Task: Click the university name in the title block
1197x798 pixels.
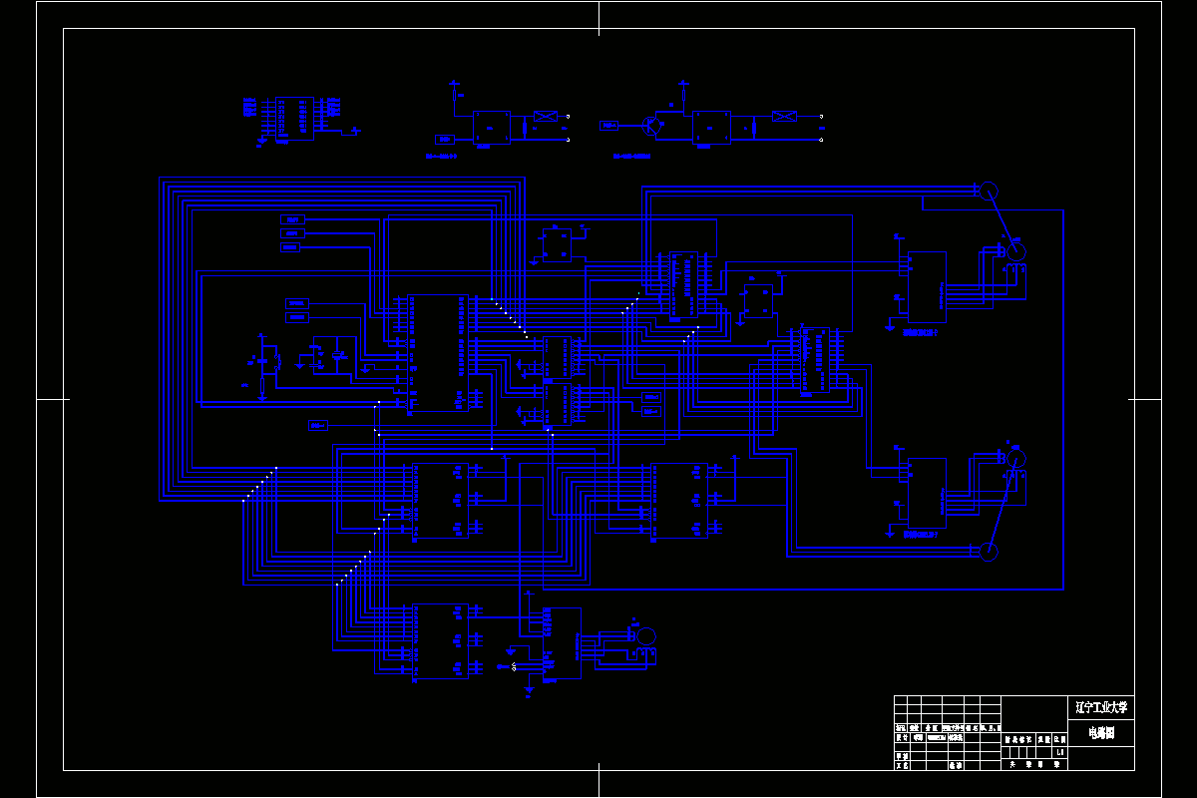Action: click(x=1100, y=708)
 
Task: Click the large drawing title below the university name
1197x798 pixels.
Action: click(x=1100, y=733)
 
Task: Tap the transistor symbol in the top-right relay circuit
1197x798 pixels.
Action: click(x=653, y=126)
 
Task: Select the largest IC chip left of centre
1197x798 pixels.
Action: click(x=437, y=353)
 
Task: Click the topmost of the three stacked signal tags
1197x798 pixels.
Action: click(x=292, y=219)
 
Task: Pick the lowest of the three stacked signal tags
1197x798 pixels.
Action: click(x=292, y=246)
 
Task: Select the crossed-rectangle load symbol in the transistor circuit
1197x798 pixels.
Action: click(x=785, y=117)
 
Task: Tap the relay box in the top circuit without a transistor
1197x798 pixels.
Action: click(x=491, y=127)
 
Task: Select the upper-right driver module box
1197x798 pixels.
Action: click(x=927, y=287)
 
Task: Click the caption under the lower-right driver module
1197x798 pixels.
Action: click(x=921, y=535)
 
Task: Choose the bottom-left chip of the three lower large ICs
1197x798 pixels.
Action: click(x=440, y=641)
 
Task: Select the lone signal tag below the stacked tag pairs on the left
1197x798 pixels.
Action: click(x=318, y=426)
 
